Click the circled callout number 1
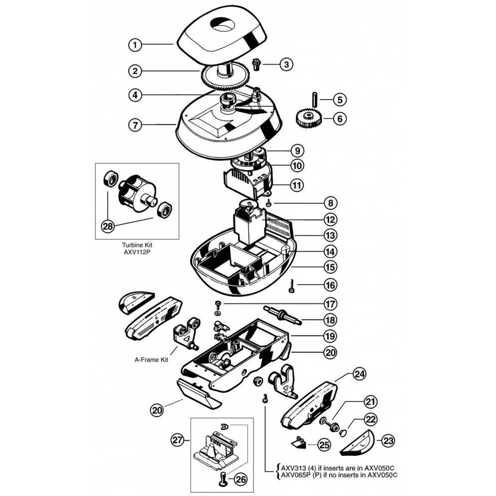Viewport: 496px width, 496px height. [x=135, y=45]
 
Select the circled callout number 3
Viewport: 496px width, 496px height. [x=286, y=64]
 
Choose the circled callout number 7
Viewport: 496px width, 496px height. [x=135, y=125]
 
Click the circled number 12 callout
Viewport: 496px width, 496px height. [x=331, y=219]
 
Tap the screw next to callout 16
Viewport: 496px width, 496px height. [x=292, y=286]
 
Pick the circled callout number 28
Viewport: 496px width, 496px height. [x=108, y=226]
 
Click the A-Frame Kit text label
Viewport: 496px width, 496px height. [x=151, y=360]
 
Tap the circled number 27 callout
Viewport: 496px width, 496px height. [x=177, y=440]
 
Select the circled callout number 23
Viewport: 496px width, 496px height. [x=388, y=441]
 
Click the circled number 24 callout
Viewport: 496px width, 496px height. [x=360, y=374]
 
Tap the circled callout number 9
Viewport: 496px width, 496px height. [x=297, y=151]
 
